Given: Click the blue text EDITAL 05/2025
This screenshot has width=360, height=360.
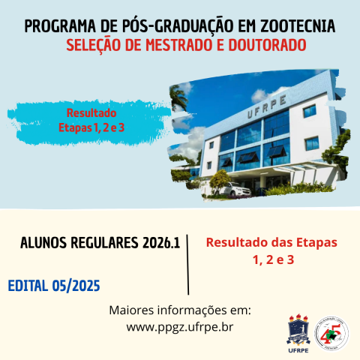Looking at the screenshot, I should (53, 286).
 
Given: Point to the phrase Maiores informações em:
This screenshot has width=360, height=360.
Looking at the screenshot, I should (180, 310).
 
